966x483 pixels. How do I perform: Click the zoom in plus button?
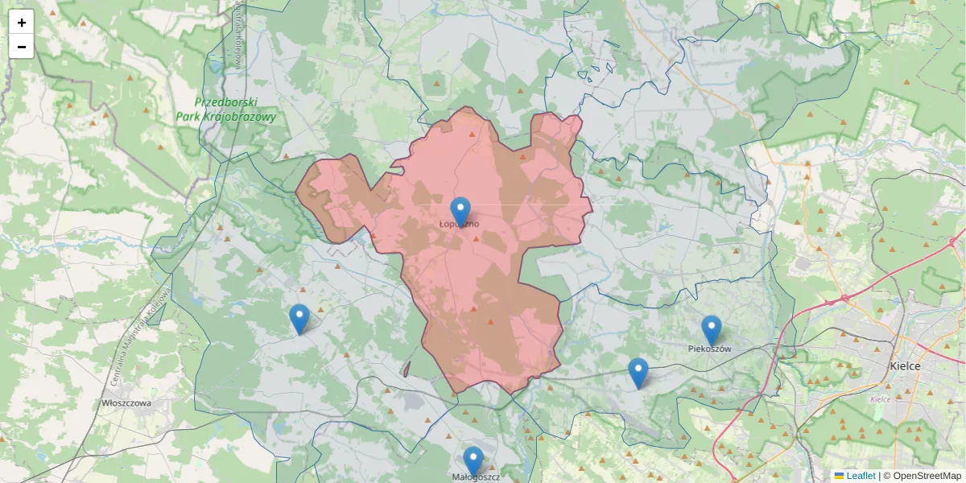pyautogui.click(x=22, y=22)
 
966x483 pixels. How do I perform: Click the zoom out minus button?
pyautogui.click(x=22, y=47)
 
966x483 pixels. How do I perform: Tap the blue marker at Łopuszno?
pyautogui.click(x=460, y=211)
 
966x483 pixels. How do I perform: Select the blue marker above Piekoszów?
pyautogui.click(x=711, y=329)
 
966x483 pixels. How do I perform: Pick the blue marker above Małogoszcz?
pyautogui.click(x=473, y=460)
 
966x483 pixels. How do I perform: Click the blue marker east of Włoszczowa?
pyautogui.click(x=299, y=319)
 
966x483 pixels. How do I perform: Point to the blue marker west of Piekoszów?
pyautogui.click(x=638, y=372)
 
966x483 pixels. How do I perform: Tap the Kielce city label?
pyautogui.click(x=905, y=365)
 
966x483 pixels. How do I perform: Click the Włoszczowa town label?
pyautogui.click(x=126, y=402)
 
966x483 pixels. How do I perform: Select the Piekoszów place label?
pyautogui.click(x=710, y=349)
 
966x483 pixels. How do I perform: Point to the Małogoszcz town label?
pyautogui.click(x=475, y=477)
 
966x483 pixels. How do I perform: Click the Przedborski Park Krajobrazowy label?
pyautogui.click(x=225, y=109)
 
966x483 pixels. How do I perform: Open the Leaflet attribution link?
pyautogui.click(x=861, y=476)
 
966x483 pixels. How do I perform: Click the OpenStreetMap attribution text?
pyautogui.click(x=927, y=476)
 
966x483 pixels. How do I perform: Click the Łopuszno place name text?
pyautogui.click(x=460, y=224)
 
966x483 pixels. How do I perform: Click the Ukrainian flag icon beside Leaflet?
pyautogui.click(x=839, y=476)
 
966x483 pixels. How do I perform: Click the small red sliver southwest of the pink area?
pyautogui.click(x=407, y=369)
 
